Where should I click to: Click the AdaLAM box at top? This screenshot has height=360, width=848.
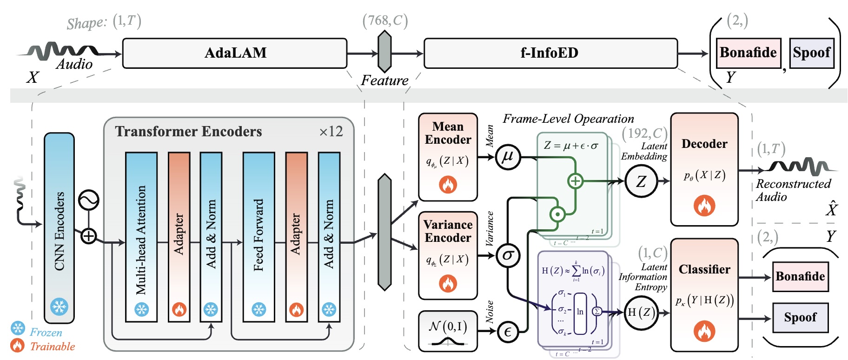[235, 53]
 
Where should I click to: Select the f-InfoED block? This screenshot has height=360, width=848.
[550, 53]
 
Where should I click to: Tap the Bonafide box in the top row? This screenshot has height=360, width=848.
[748, 53]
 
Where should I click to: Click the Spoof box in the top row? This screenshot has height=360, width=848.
[811, 53]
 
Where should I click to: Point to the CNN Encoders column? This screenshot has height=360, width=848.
[59, 228]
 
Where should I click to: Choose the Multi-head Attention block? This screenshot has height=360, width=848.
[141, 237]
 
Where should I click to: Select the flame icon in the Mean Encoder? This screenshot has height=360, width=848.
[448, 185]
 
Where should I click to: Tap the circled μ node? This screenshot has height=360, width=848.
[507, 157]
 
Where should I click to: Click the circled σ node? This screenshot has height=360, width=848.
[508, 255]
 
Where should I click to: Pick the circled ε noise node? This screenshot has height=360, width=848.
[508, 331]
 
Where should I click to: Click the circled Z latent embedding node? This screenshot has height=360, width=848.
[641, 181]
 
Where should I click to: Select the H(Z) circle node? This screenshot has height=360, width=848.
[641, 313]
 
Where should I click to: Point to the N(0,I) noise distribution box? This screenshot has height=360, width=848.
[448, 331]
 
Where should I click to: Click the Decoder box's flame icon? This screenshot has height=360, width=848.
[704, 205]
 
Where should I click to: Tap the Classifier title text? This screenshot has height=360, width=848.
[704, 269]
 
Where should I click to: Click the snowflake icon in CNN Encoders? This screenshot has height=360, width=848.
[59, 307]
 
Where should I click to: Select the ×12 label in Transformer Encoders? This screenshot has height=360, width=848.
[331, 132]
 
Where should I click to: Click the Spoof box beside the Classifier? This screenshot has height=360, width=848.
[800, 318]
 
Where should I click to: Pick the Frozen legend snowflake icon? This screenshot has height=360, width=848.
[18, 328]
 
